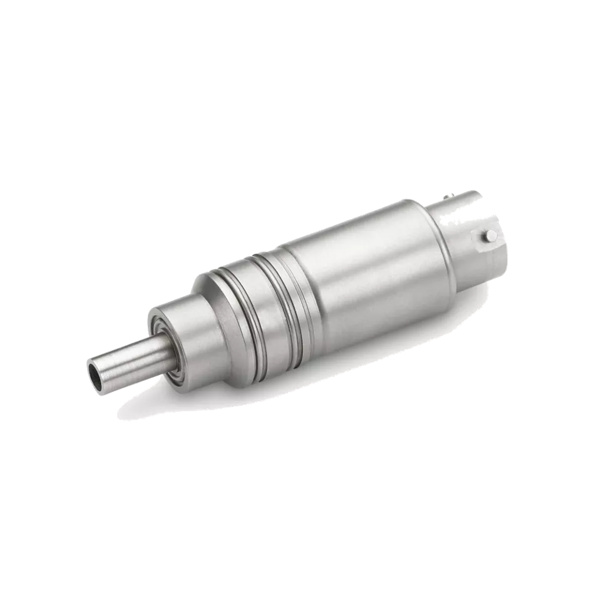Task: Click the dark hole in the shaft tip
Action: coord(95,374)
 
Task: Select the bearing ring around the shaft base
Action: coord(164,344)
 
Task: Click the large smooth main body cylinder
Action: coord(363,269)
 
